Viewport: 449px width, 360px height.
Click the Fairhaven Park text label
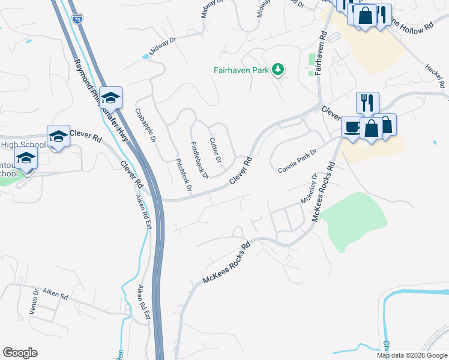240,70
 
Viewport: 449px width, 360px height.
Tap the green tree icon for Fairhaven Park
277,70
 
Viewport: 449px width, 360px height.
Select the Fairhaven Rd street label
319,53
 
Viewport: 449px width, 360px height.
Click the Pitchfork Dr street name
183,175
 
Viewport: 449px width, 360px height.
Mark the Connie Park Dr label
297,161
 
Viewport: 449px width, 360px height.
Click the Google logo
20,353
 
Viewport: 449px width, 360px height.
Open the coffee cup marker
352,127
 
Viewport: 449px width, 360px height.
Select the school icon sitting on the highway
110,97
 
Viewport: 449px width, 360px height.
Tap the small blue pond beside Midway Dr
145,57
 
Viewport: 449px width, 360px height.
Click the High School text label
23,145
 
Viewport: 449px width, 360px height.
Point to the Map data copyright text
411,355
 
